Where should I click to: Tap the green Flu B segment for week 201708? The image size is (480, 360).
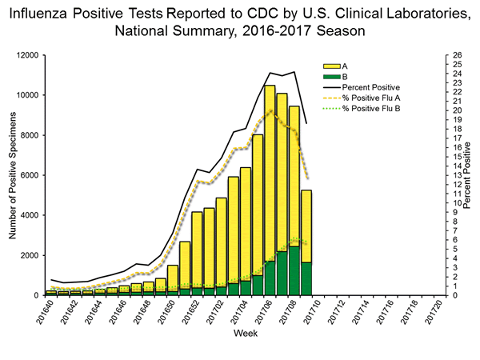tap(294, 271)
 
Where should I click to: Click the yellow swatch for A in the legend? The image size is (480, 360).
tap(330, 66)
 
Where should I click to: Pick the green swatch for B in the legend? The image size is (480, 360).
tap(330, 76)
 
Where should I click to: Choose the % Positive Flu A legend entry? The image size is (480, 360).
tap(370, 97)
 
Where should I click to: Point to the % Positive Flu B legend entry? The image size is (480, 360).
tap(370, 107)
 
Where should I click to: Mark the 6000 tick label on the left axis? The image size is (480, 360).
tap(30, 175)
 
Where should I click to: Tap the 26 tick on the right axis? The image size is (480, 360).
tap(455, 55)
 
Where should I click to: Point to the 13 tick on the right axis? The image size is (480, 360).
tap(455, 175)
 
